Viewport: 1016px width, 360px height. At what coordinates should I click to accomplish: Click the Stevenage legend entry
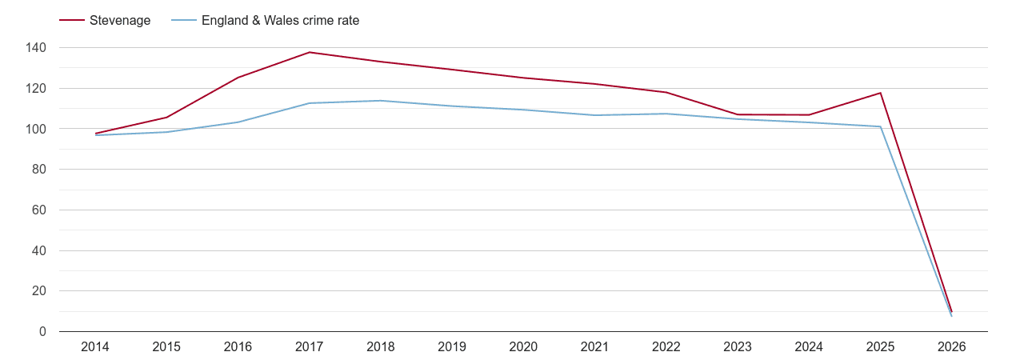[x=119, y=21]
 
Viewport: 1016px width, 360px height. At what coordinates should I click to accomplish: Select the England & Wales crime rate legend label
[x=280, y=21]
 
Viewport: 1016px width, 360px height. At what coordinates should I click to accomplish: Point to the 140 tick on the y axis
[x=36, y=48]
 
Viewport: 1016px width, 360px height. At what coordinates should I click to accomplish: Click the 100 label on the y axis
[x=36, y=129]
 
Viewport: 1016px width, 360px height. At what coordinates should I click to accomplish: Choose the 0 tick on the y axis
[x=42, y=332]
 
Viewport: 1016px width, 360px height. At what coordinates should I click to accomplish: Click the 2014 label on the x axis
[x=95, y=347]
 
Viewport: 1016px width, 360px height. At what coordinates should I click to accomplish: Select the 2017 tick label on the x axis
[x=310, y=347]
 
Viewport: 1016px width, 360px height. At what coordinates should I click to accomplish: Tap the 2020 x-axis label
[x=523, y=347]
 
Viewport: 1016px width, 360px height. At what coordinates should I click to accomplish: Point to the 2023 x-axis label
[x=738, y=347]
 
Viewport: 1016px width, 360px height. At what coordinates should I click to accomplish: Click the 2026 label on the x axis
[x=952, y=347]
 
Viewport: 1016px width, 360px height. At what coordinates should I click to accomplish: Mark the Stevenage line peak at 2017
[x=310, y=52]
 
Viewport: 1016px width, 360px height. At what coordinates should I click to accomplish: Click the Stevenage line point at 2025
[x=880, y=93]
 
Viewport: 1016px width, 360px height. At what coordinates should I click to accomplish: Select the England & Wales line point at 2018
[x=381, y=101]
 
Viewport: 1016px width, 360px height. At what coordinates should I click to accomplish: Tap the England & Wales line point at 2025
[x=880, y=126]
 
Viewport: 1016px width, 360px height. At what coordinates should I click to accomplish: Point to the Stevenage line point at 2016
[x=238, y=78]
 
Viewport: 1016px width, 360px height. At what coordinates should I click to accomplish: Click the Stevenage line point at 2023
[x=738, y=114]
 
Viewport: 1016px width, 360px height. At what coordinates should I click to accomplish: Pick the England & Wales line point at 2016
[x=238, y=122]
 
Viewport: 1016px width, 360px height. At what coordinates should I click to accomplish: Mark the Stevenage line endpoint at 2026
[x=952, y=311]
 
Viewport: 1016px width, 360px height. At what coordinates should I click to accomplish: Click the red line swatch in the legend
[x=72, y=21]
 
